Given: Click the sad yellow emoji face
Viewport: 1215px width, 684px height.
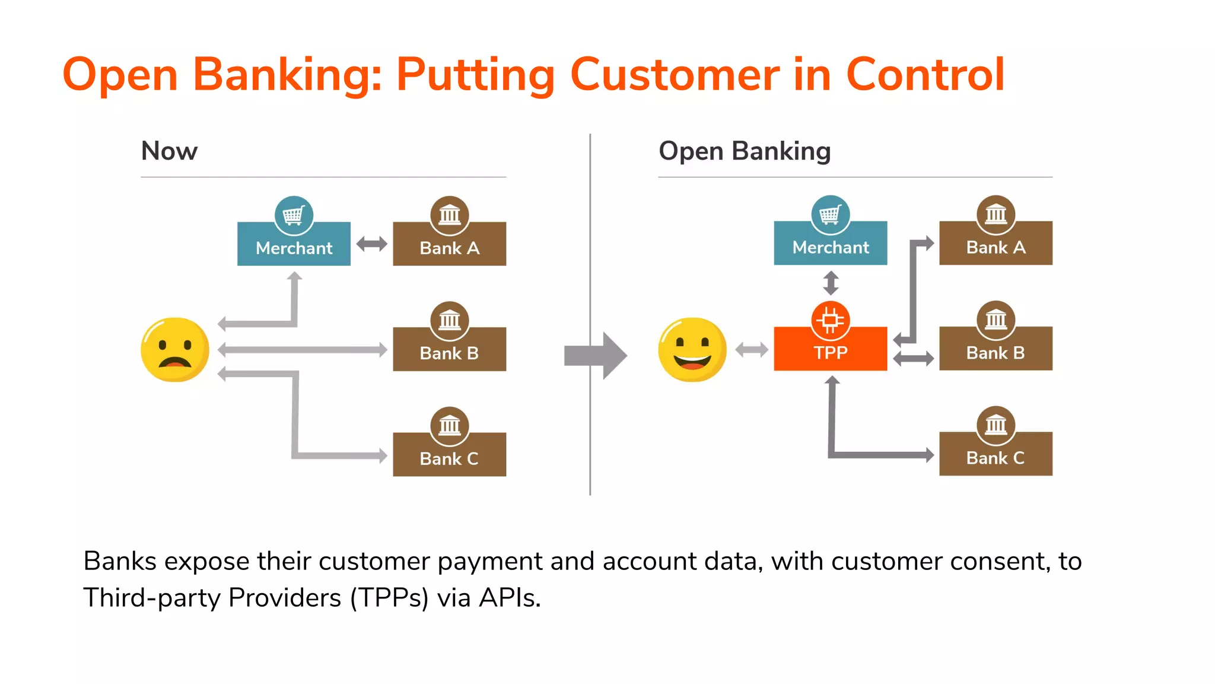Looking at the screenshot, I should click(175, 350).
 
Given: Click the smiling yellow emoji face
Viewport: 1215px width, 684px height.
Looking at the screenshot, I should click(692, 350).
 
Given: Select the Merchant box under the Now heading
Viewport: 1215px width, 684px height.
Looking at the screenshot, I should click(294, 246).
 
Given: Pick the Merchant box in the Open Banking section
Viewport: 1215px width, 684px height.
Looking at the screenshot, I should click(830, 246).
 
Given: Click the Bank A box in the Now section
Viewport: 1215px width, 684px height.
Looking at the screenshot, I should click(449, 246).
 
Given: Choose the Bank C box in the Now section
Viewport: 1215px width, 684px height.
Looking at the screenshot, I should click(449, 457).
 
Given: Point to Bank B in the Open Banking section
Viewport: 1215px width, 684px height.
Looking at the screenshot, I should click(995, 351).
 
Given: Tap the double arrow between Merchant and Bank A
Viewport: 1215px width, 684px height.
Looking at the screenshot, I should click(372, 243).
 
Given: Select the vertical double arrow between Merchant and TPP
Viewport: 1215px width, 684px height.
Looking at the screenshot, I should click(831, 283).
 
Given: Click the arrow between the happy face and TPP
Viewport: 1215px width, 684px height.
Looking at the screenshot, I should click(752, 350).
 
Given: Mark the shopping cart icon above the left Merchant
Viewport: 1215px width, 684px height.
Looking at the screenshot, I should click(294, 214).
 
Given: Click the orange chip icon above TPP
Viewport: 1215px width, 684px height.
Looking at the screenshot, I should click(830, 321).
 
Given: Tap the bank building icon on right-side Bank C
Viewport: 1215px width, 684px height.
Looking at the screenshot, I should click(995, 425).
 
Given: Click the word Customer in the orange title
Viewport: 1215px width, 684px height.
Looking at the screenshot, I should click(675, 75).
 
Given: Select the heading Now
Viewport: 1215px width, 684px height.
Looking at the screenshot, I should click(169, 151).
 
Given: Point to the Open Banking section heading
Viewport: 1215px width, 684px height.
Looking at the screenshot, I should click(745, 151).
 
